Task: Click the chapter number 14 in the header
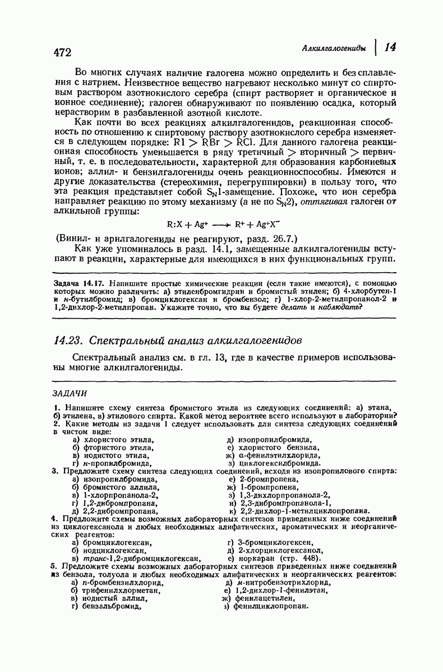tap(391, 48)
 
